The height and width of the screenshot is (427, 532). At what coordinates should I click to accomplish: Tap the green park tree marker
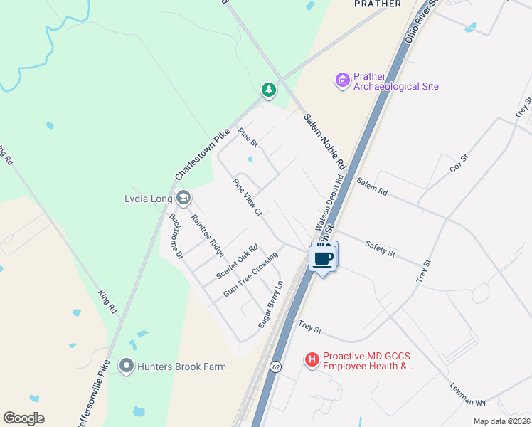(268, 90)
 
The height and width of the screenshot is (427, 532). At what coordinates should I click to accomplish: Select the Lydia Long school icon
(183, 197)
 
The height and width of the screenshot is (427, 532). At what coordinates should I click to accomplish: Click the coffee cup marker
(323, 258)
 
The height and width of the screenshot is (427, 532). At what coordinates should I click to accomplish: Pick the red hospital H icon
(312, 361)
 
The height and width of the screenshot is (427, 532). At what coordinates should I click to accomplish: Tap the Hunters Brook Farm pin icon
(127, 367)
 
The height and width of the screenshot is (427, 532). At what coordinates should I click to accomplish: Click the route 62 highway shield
(275, 366)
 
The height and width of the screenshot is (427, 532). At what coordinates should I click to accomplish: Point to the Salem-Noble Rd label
(324, 140)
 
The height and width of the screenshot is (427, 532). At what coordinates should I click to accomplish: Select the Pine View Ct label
(248, 197)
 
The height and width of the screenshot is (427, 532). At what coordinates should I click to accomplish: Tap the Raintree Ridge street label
(208, 236)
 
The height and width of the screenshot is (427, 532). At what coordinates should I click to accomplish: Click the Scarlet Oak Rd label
(237, 263)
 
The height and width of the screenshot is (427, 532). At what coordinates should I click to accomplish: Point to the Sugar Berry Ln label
(271, 303)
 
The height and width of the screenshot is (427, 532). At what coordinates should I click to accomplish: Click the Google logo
(23, 418)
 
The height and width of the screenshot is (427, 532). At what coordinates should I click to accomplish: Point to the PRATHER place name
(373, 4)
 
